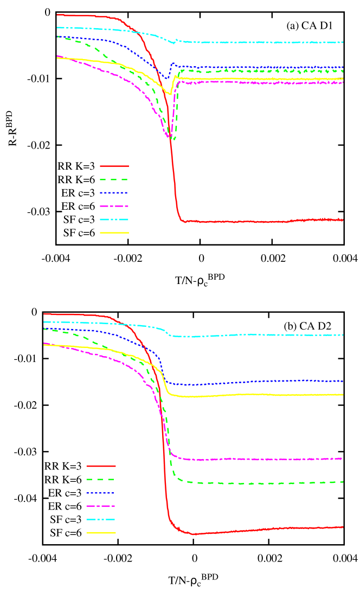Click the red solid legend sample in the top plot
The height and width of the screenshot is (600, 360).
click(114, 166)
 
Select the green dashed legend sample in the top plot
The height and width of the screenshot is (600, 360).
click(114, 179)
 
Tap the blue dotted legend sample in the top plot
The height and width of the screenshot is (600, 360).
click(114, 192)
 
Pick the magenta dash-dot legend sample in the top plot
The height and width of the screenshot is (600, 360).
click(114, 206)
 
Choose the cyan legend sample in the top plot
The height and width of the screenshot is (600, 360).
click(114, 220)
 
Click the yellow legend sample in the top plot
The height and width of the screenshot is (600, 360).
click(114, 233)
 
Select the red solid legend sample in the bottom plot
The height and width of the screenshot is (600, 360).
click(101, 466)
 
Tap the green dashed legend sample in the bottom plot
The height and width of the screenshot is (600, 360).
click(101, 479)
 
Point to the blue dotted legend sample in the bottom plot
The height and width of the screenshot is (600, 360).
click(101, 493)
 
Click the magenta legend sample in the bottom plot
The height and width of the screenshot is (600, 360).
click(101, 506)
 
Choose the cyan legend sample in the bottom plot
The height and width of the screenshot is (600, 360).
click(101, 519)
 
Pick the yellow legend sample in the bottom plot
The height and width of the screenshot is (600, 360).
click(101, 533)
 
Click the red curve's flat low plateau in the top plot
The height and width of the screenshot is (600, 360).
click(260, 221)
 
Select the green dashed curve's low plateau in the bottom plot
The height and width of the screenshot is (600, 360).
click(260, 483)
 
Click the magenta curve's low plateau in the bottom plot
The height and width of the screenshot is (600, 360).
click(260, 459)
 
